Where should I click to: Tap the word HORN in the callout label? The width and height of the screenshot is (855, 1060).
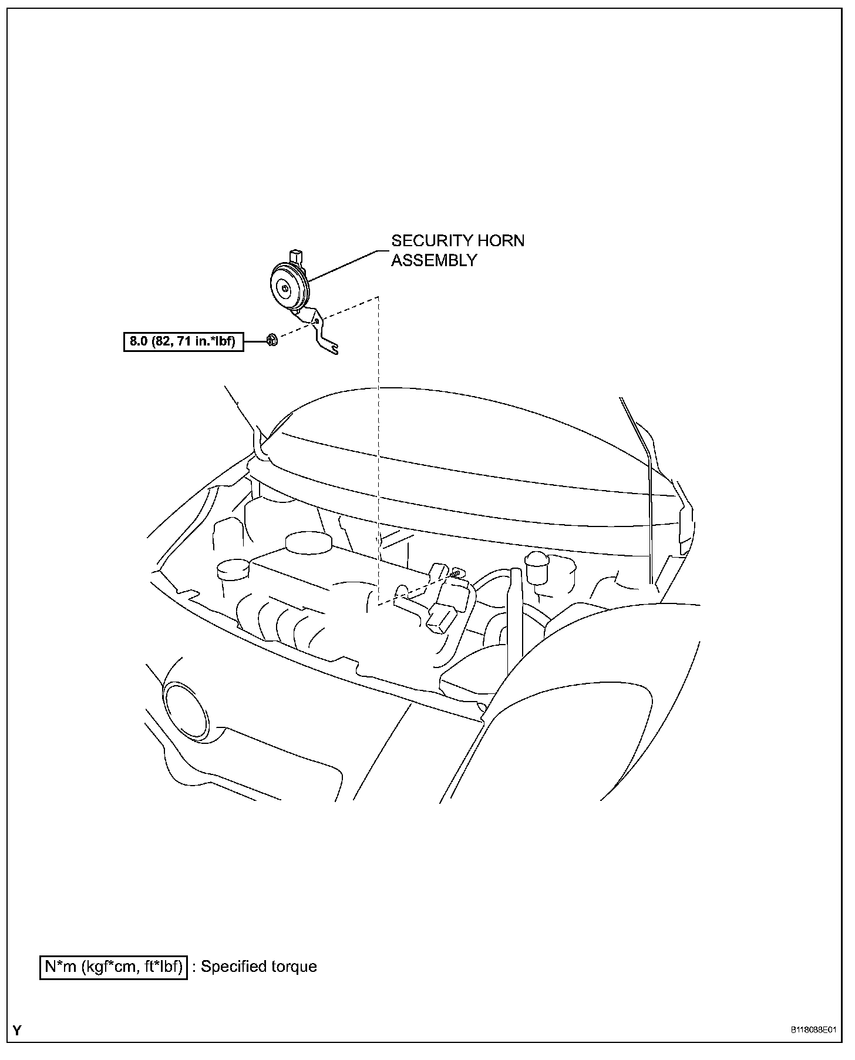pyautogui.click(x=499, y=241)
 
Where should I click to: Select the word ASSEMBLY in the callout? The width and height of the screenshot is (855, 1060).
pyautogui.click(x=434, y=260)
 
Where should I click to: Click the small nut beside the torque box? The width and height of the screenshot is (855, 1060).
pyautogui.click(x=271, y=339)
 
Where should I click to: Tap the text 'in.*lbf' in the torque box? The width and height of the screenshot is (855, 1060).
pyautogui.click(x=214, y=341)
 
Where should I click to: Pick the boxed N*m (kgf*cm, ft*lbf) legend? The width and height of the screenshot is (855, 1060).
pyautogui.click(x=113, y=967)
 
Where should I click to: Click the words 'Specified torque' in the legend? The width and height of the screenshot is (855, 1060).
pyautogui.click(x=259, y=967)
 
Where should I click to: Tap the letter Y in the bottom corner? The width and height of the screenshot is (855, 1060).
pyautogui.click(x=17, y=1031)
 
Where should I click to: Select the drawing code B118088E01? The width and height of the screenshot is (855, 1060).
pyautogui.click(x=813, y=1030)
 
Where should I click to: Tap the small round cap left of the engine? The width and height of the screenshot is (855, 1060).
pyautogui.click(x=233, y=569)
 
